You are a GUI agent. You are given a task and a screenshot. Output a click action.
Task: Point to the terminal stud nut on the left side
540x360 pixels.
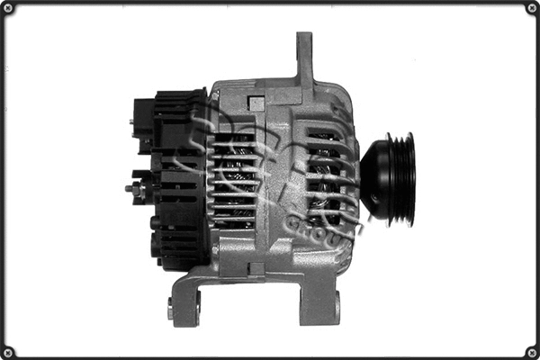(x=135, y=190)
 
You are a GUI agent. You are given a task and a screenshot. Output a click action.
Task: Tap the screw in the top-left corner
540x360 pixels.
(x=9, y=9)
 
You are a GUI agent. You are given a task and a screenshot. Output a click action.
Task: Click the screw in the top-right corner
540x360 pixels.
(x=531, y=9)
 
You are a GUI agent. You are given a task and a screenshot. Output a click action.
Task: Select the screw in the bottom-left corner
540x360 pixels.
(x=9, y=351)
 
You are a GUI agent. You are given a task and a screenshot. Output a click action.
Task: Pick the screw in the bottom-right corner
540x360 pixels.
(x=531, y=351)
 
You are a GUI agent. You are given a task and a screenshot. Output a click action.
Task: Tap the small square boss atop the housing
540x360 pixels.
(x=256, y=103)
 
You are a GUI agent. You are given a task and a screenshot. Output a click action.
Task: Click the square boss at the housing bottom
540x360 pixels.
(x=256, y=269)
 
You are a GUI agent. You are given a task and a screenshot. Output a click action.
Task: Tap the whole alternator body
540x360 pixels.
(x=270, y=180)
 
